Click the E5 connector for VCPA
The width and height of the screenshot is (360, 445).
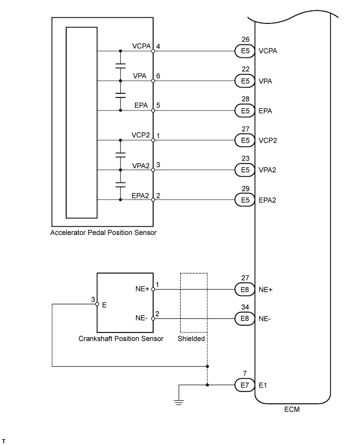pyautogui.click(x=243, y=51)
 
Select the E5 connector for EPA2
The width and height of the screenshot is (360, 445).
pyautogui.click(x=243, y=200)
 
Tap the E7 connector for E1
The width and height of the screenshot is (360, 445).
pyautogui.click(x=243, y=386)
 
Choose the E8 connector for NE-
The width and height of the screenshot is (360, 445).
pyautogui.click(x=243, y=318)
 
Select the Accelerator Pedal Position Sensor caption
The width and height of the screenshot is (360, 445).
pyautogui.click(x=103, y=233)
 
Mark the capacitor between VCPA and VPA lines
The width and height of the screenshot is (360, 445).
pyautogui.click(x=121, y=66)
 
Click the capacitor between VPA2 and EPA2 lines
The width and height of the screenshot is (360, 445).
pyautogui.click(x=121, y=185)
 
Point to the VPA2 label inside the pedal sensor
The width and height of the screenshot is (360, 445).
pyautogui.click(x=141, y=165)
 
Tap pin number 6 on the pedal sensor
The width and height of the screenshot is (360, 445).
pyautogui.click(x=158, y=76)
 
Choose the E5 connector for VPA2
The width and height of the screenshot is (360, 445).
pyautogui.click(x=243, y=170)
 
